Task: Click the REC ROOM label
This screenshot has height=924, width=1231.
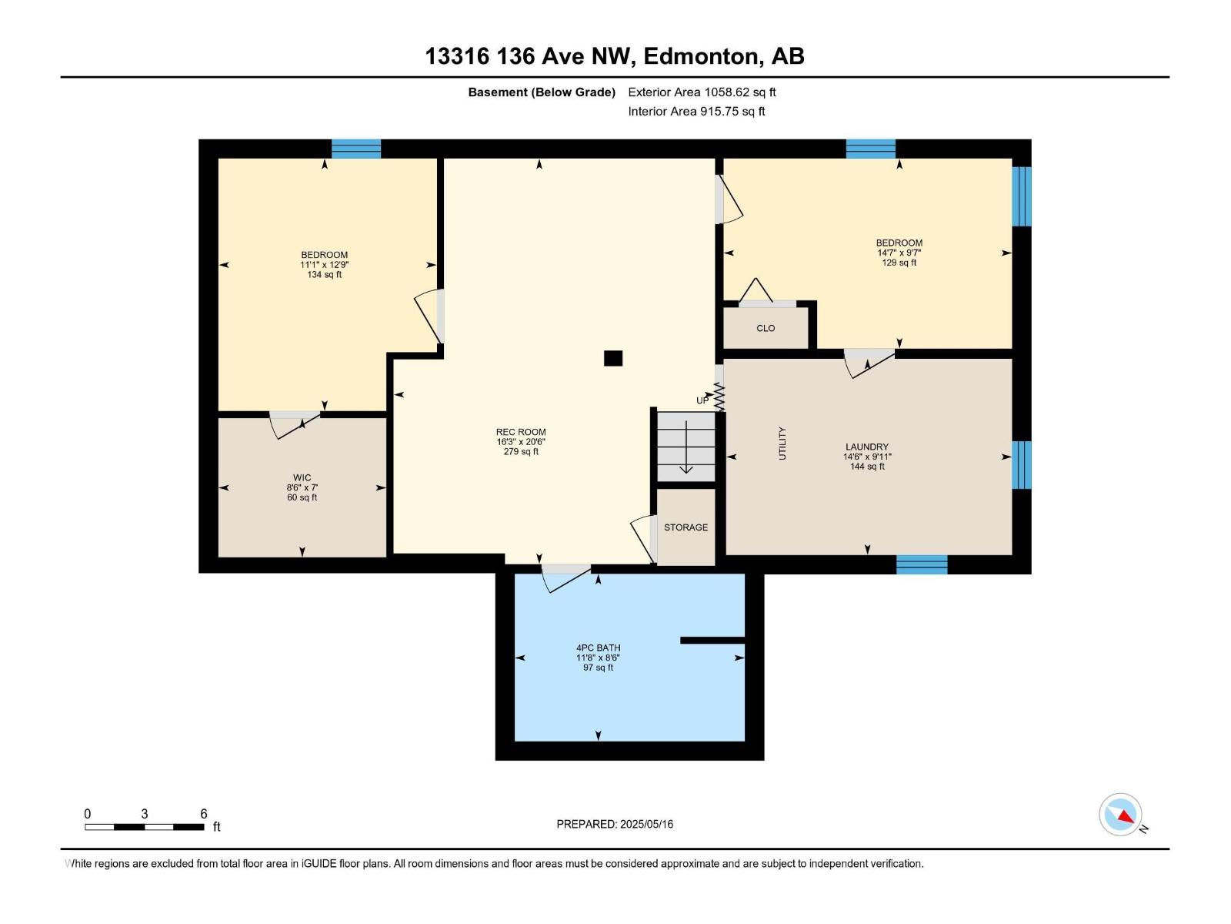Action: coord(521,432)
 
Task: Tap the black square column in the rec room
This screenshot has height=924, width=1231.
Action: coord(612,358)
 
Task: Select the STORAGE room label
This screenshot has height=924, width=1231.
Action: coord(686,527)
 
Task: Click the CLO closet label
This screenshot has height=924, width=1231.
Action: coord(766,328)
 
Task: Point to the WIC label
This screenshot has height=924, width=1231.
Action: coord(302,477)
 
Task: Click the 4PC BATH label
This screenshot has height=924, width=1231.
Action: coord(598,648)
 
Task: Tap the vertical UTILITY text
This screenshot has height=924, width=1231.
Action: coord(782,444)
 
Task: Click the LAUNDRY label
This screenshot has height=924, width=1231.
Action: coord(867,447)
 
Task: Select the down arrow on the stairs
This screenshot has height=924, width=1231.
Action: coord(686,462)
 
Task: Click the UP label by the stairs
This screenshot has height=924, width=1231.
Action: coord(702,400)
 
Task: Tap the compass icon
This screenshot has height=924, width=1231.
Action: coord(1121,815)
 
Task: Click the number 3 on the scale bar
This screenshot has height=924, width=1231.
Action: coord(145,814)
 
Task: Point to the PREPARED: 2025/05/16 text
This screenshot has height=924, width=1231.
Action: coord(615,824)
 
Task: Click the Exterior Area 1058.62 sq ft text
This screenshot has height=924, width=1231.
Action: coord(702,92)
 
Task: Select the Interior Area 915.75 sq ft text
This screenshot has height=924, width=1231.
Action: coord(696,111)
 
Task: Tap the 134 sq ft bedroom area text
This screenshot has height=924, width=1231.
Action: coord(324,275)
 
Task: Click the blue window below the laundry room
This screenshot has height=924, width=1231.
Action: coord(922,564)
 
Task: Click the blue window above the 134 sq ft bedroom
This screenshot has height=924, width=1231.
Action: coord(356,149)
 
